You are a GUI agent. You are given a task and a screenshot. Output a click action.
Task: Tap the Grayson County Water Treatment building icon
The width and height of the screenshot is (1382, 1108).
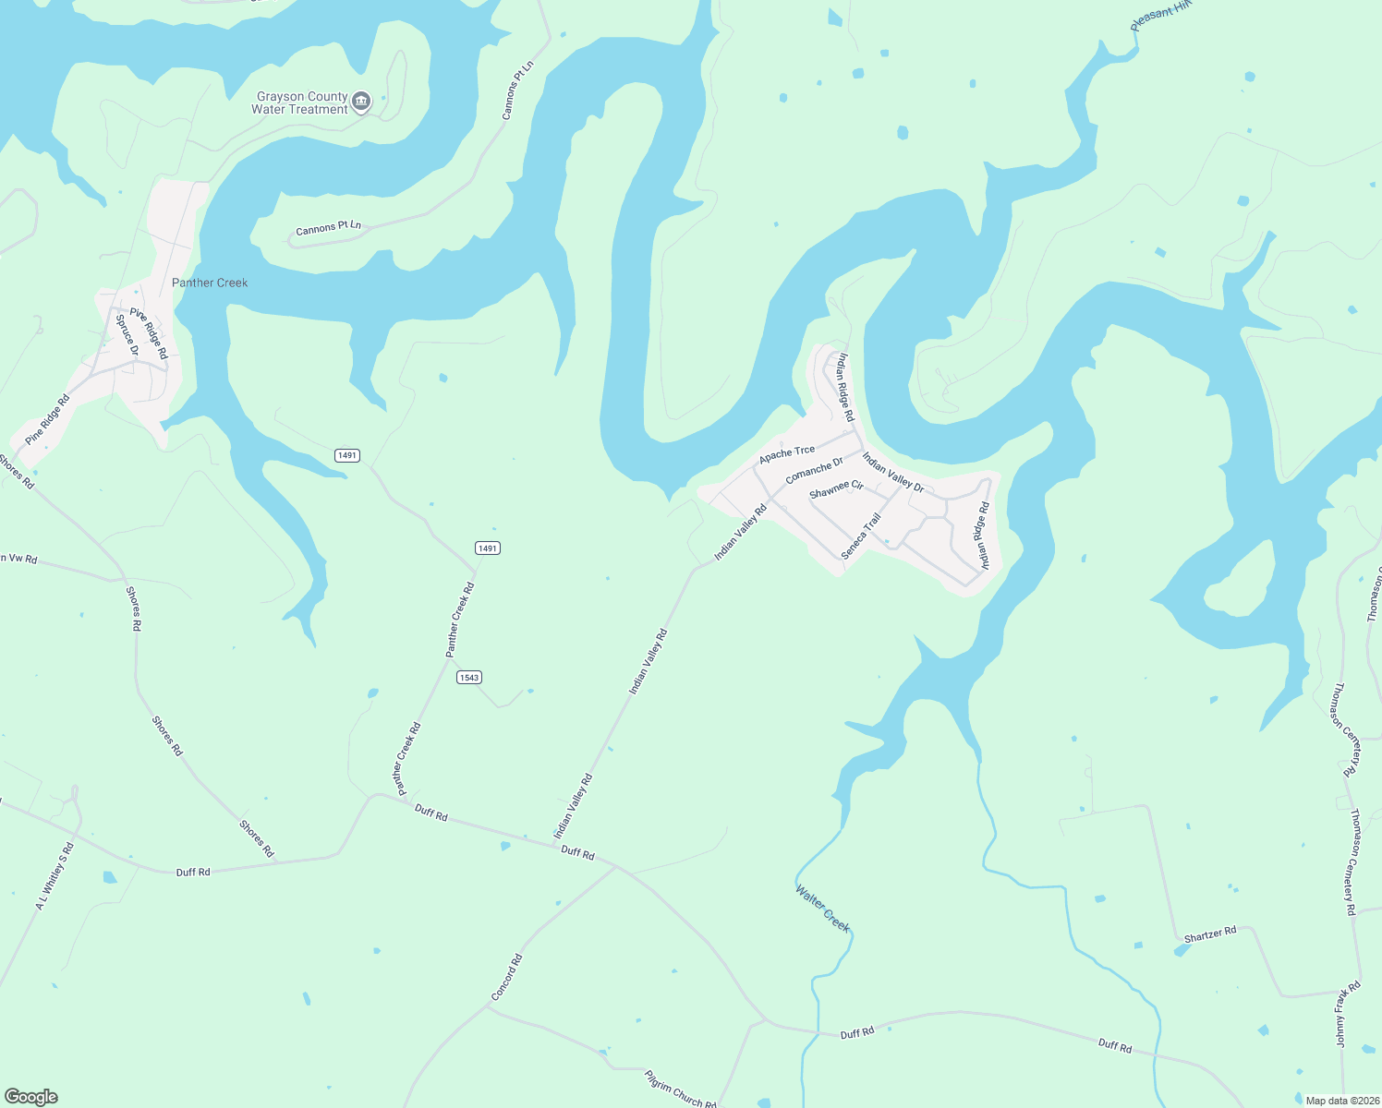point(361,101)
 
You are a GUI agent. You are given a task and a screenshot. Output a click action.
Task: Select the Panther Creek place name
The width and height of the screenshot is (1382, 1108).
point(210,283)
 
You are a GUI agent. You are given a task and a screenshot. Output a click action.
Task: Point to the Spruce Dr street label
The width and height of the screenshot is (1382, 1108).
point(127,335)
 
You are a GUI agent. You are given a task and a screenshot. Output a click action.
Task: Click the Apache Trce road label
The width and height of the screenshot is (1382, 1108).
point(787,453)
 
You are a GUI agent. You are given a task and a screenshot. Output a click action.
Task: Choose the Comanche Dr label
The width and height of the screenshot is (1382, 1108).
point(814,470)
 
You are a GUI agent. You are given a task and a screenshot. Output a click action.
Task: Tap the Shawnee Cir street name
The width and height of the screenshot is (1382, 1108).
point(836,488)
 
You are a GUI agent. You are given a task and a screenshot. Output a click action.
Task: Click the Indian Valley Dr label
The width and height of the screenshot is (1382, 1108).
point(892,471)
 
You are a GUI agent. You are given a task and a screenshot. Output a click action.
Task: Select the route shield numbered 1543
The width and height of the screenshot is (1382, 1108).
point(469,678)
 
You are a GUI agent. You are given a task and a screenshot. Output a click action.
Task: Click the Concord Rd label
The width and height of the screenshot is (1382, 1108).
point(506,977)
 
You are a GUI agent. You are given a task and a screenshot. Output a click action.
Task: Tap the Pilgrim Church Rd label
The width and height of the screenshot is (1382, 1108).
point(680,1090)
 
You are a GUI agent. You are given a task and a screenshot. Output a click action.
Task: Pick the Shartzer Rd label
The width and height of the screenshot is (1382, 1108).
point(1209,934)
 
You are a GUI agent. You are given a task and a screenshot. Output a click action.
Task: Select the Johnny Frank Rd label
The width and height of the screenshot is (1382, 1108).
point(1348,1014)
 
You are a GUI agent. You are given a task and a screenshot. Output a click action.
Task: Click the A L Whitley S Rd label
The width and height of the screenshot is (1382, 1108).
point(54,876)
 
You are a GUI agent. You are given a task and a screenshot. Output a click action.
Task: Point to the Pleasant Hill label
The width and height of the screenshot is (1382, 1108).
point(1162,16)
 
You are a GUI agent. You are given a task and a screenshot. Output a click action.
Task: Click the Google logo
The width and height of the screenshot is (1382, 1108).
point(31,1097)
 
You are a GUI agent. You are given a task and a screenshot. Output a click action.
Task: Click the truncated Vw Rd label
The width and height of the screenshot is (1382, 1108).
point(18,559)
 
